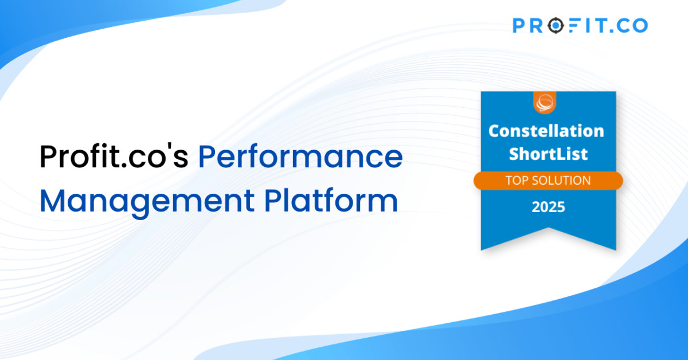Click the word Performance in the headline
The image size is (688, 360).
point(300,156)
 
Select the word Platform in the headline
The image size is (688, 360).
point(331,201)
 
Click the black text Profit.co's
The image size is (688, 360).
point(114,156)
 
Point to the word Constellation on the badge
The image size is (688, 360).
point(546,131)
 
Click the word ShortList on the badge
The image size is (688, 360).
point(548,154)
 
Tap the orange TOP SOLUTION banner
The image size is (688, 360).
point(548,181)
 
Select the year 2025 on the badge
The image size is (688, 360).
point(548,207)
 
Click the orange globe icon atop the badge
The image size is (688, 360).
point(545,103)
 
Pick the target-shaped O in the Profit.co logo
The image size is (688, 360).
point(556,25)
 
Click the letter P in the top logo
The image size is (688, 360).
point(519,25)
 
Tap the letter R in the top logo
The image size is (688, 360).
point(536,25)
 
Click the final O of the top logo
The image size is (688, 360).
point(640,25)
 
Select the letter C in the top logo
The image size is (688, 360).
point(623,25)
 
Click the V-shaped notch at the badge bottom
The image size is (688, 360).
point(549,228)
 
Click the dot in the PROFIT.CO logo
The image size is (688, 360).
point(611,31)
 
